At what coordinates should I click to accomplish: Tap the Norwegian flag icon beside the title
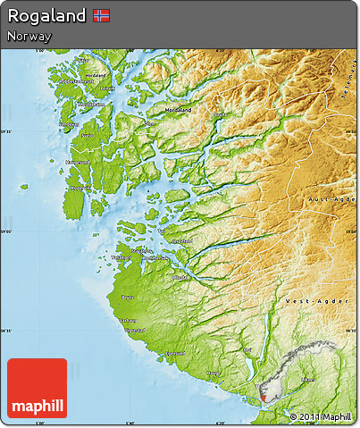click(102, 16)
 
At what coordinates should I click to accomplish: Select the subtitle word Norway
click(28, 37)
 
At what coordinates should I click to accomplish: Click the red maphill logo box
click(37, 389)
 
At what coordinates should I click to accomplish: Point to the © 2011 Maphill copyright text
click(320, 416)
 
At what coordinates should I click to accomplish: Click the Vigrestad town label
click(135, 331)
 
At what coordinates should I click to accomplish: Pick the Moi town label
click(247, 350)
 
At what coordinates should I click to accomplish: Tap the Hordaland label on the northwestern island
click(92, 76)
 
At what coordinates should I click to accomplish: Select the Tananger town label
click(121, 258)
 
